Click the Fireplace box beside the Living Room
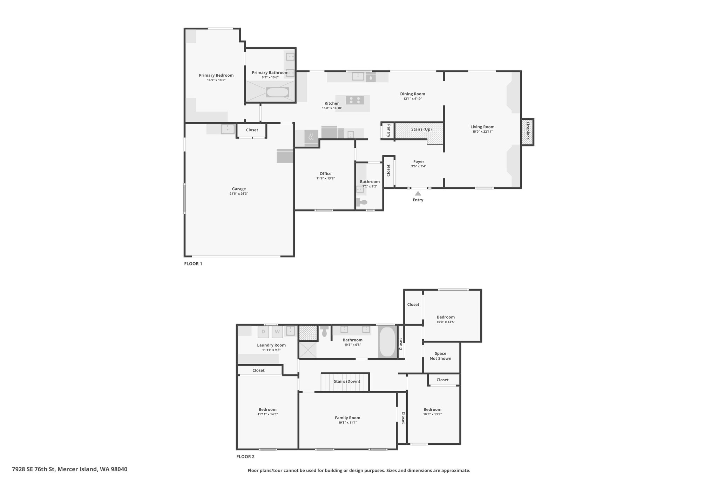pos(527,132)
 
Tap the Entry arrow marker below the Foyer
pos(418,193)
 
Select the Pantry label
pos(388,131)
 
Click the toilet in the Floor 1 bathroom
pos(362,202)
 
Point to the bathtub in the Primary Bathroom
pos(278,92)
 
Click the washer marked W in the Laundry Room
pos(277,332)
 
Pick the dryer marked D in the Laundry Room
pos(263,332)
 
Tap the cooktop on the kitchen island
pos(354,100)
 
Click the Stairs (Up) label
pos(421,129)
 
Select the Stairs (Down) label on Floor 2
pos(347,381)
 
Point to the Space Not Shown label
pos(440,356)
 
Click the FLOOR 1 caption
pos(193,264)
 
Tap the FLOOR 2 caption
pos(245,457)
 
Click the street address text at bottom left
pos(70,469)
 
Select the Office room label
pos(325,174)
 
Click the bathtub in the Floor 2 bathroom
pos(387,342)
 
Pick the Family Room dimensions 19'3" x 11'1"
pos(347,423)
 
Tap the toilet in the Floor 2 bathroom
pos(324,331)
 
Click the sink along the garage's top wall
pos(228,129)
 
